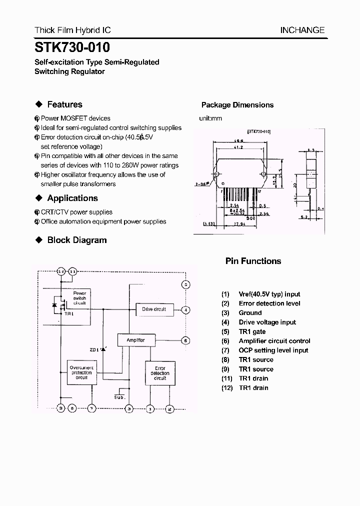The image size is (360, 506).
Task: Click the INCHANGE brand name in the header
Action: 302,30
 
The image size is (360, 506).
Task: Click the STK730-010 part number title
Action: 72,47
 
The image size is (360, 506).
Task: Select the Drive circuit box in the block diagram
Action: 154,309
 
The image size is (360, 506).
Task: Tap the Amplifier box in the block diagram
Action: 135,340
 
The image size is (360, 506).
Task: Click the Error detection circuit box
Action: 160,373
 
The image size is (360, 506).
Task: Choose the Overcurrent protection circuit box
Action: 81,372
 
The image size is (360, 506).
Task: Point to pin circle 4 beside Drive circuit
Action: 185,310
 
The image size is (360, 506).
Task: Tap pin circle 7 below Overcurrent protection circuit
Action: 91,408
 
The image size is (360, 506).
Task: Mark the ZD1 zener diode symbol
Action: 103,349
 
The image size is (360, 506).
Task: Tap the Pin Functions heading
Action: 253,261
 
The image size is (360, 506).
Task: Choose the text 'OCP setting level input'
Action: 273,350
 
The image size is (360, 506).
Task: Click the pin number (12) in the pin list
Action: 227,388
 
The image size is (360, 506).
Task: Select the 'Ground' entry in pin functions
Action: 250,313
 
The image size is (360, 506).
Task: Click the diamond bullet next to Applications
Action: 38,198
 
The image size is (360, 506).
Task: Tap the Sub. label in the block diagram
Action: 119,396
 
